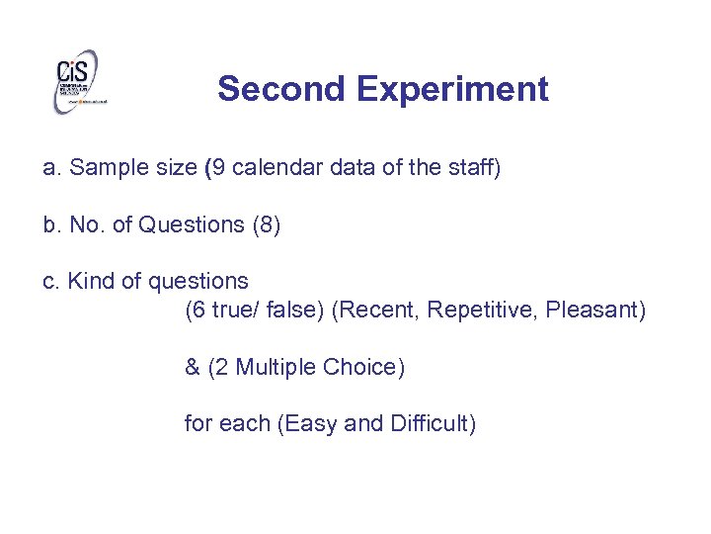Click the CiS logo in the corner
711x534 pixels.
tap(77, 82)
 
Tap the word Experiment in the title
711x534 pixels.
tap(452, 89)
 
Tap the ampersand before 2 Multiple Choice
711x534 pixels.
tap(192, 368)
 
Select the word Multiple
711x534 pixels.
tap(278, 368)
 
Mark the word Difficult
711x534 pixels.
tap(433, 424)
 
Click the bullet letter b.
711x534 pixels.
tap(49, 224)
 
